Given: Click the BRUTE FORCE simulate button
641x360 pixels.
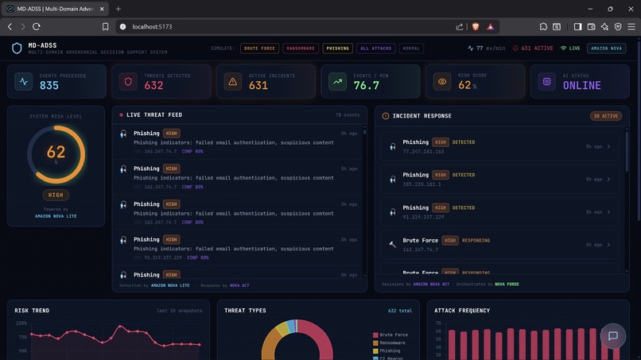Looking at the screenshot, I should tap(259, 48).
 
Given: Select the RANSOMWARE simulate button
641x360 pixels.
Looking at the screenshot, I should tap(300, 48).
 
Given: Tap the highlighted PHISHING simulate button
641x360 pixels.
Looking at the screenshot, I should tap(337, 48).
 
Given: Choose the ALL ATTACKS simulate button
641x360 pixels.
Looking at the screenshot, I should tap(375, 48).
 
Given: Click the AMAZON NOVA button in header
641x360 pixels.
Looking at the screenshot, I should tap(607, 48).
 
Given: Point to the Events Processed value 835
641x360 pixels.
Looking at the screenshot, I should tap(49, 86).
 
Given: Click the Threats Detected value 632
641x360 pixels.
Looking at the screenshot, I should tap(153, 86).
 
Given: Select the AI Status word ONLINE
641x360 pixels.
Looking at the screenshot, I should tap(581, 86).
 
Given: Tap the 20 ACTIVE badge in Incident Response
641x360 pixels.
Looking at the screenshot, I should tap(605, 116).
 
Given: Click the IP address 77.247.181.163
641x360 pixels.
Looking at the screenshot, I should tap(423, 151).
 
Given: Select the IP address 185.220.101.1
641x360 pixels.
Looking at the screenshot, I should tap(422, 184).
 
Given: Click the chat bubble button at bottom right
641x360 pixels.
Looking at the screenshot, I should tap(612, 336).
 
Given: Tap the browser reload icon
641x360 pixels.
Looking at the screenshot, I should tap(37, 26).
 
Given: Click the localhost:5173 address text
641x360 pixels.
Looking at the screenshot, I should tap(152, 26).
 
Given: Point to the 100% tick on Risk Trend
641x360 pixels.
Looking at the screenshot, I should tap(21, 323).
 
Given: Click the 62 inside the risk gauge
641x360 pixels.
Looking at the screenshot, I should tap(56, 152).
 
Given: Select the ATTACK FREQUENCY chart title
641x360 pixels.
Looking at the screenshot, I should tap(462, 311).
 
